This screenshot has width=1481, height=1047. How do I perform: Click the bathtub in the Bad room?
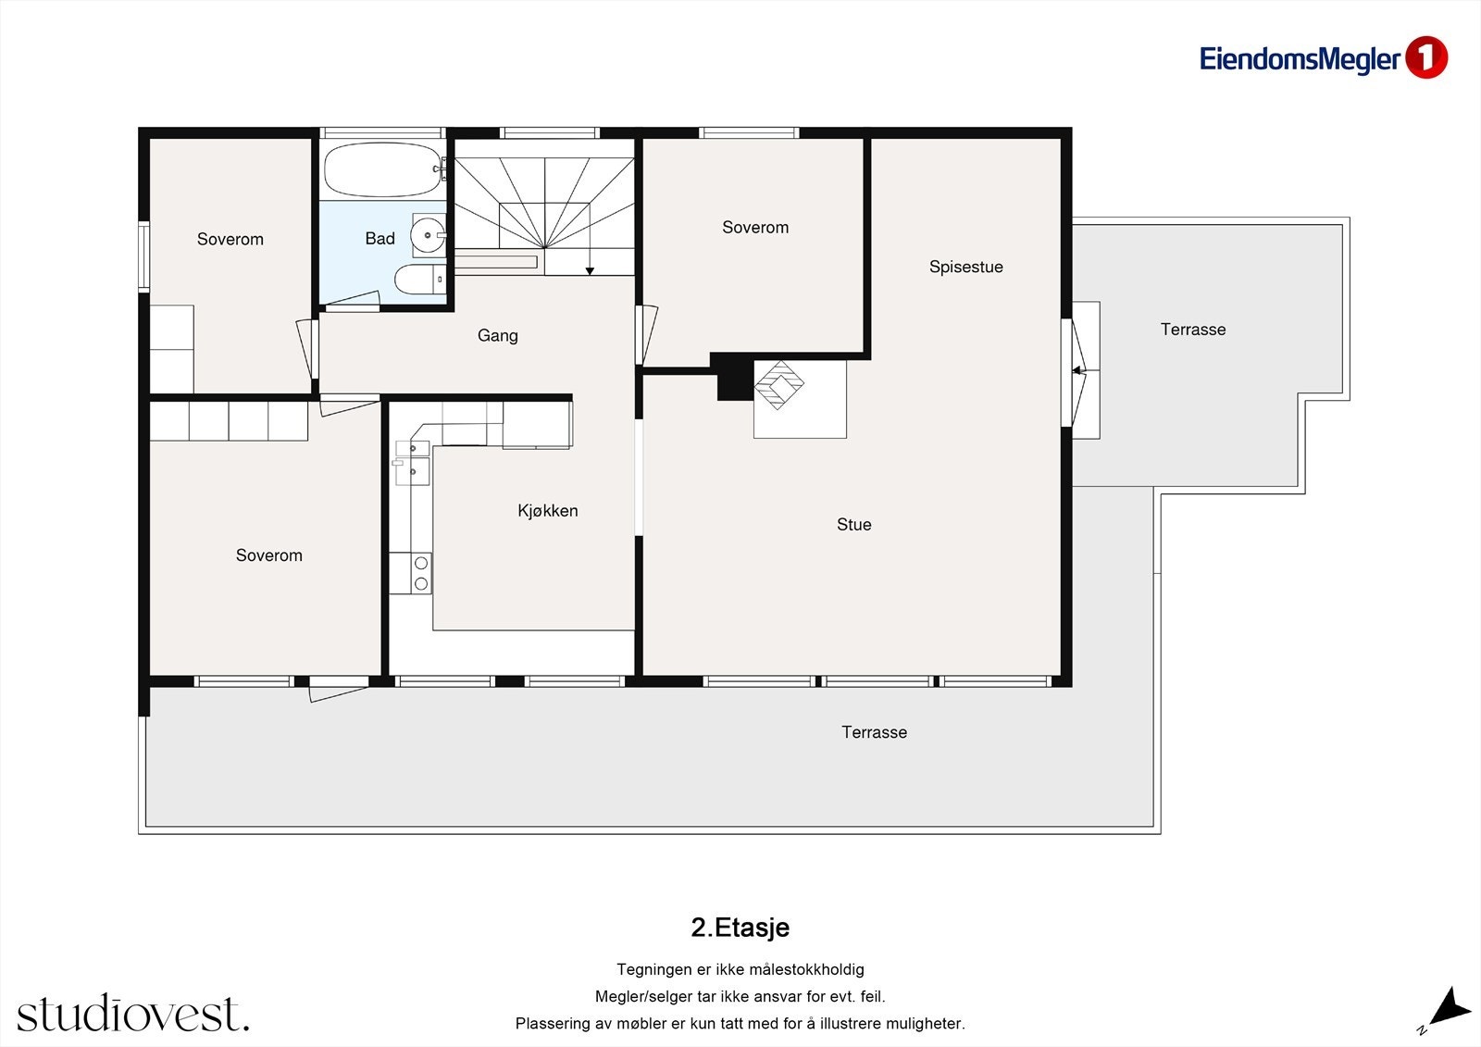[381, 169]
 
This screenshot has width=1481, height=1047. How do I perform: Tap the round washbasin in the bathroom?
[428, 235]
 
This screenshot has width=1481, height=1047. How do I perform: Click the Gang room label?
[497, 335]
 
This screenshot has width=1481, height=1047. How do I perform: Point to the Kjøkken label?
[547, 511]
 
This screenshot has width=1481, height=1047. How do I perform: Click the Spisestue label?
[965, 267]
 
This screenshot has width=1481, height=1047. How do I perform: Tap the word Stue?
[853, 525]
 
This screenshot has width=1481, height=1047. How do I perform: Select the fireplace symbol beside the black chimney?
[779, 385]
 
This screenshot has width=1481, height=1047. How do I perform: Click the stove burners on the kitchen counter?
[421, 573]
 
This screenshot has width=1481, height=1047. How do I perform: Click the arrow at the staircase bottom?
[590, 270]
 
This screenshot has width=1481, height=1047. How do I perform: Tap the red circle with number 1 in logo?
[1425, 58]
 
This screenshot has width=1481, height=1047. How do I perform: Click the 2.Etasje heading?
[740, 928]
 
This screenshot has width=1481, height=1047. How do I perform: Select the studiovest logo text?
[132, 1014]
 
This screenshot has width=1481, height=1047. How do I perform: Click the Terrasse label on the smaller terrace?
[1192, 330]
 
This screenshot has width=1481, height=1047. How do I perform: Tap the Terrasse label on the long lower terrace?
[874, 732]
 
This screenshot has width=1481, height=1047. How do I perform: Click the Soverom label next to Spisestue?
[755, 228]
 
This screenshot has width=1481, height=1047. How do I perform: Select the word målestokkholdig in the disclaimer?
[805, 969]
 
